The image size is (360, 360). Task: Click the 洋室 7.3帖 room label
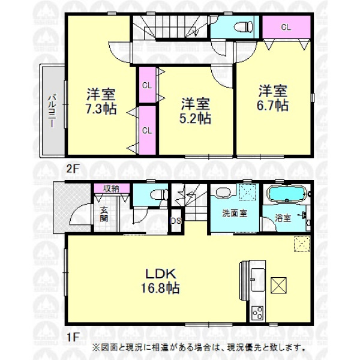coord(101,101)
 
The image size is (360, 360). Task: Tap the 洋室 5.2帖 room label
coord(195,111)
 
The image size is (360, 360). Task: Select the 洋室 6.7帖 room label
coord(272,98)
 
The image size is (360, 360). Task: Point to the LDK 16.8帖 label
coord(160,281)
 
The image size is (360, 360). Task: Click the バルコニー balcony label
coord(52,112)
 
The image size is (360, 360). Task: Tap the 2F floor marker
coord(73,169)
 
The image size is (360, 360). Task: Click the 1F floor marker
coord(73,337)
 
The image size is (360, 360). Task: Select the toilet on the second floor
coord(244,26)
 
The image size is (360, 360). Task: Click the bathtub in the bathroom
coord(287,194)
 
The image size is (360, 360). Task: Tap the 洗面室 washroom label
coord(235,213)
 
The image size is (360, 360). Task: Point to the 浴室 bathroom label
coord(283,218)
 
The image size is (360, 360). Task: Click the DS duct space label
coord(176,221)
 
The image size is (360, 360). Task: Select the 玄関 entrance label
coord(104,214)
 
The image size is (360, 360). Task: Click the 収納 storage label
coord(111,189)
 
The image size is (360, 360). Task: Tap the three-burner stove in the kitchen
coord(257,313)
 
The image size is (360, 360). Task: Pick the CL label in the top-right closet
coord(286,28)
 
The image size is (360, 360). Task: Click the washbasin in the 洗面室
coord(223,193)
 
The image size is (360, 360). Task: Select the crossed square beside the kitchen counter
coord(278,285)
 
